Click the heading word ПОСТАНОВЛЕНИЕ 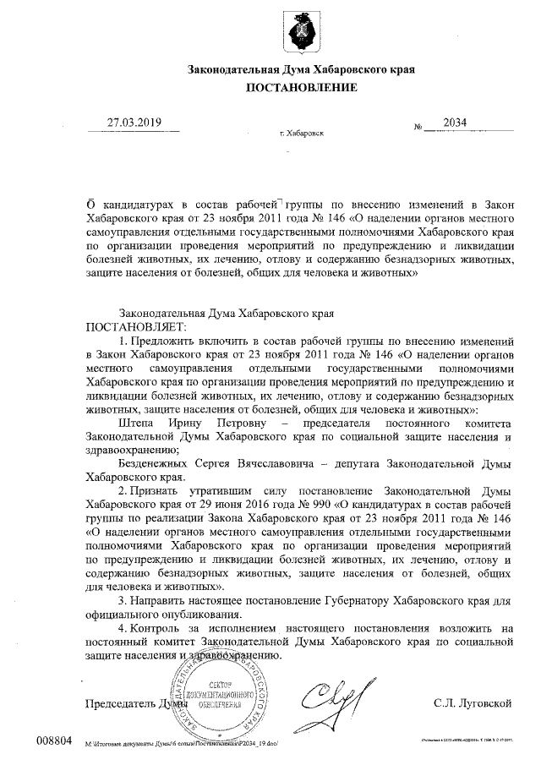[x=301, y=87]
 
